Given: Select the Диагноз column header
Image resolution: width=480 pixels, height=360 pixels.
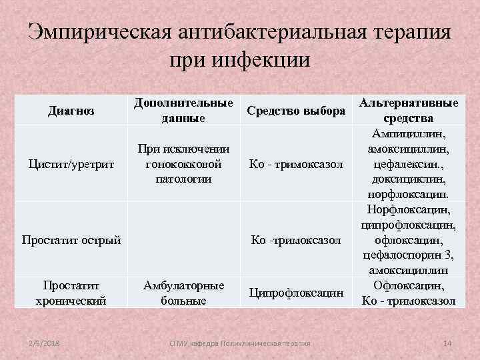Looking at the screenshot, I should coord(71,110).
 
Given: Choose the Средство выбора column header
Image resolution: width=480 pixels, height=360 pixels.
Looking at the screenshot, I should coord(296,110).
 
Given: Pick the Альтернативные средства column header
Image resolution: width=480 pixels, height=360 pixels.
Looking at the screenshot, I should coord(409,111).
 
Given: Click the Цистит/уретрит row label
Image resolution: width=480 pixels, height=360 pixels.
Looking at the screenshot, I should coord(71,163).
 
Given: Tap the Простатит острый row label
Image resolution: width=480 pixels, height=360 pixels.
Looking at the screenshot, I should coord(71,239).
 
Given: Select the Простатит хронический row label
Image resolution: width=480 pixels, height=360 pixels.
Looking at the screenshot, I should coord(72,293).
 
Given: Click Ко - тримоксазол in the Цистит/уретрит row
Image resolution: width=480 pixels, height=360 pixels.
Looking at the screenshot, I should coord(296,164).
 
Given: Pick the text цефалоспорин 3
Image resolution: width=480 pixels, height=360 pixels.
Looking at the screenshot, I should coord(409,255).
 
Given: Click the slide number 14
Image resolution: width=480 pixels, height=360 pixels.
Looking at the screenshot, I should coord(447,343).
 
